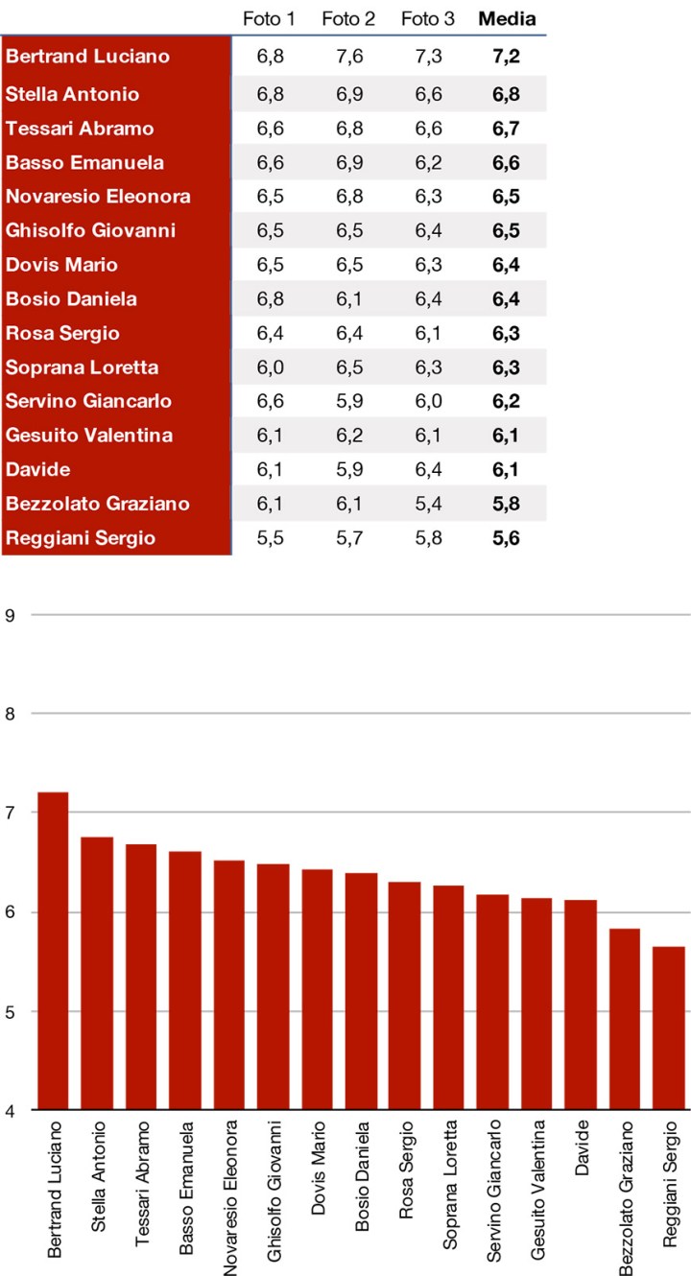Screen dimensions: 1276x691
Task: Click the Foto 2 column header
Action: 348,18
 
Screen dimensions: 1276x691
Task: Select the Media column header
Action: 507,18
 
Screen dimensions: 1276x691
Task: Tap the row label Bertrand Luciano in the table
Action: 87,57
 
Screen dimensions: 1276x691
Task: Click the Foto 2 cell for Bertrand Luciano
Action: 348,57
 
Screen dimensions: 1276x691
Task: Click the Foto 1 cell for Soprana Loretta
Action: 272,367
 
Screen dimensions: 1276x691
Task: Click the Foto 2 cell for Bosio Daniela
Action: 348,299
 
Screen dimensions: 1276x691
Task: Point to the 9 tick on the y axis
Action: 11,614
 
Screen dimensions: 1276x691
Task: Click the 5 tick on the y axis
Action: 11,1012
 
